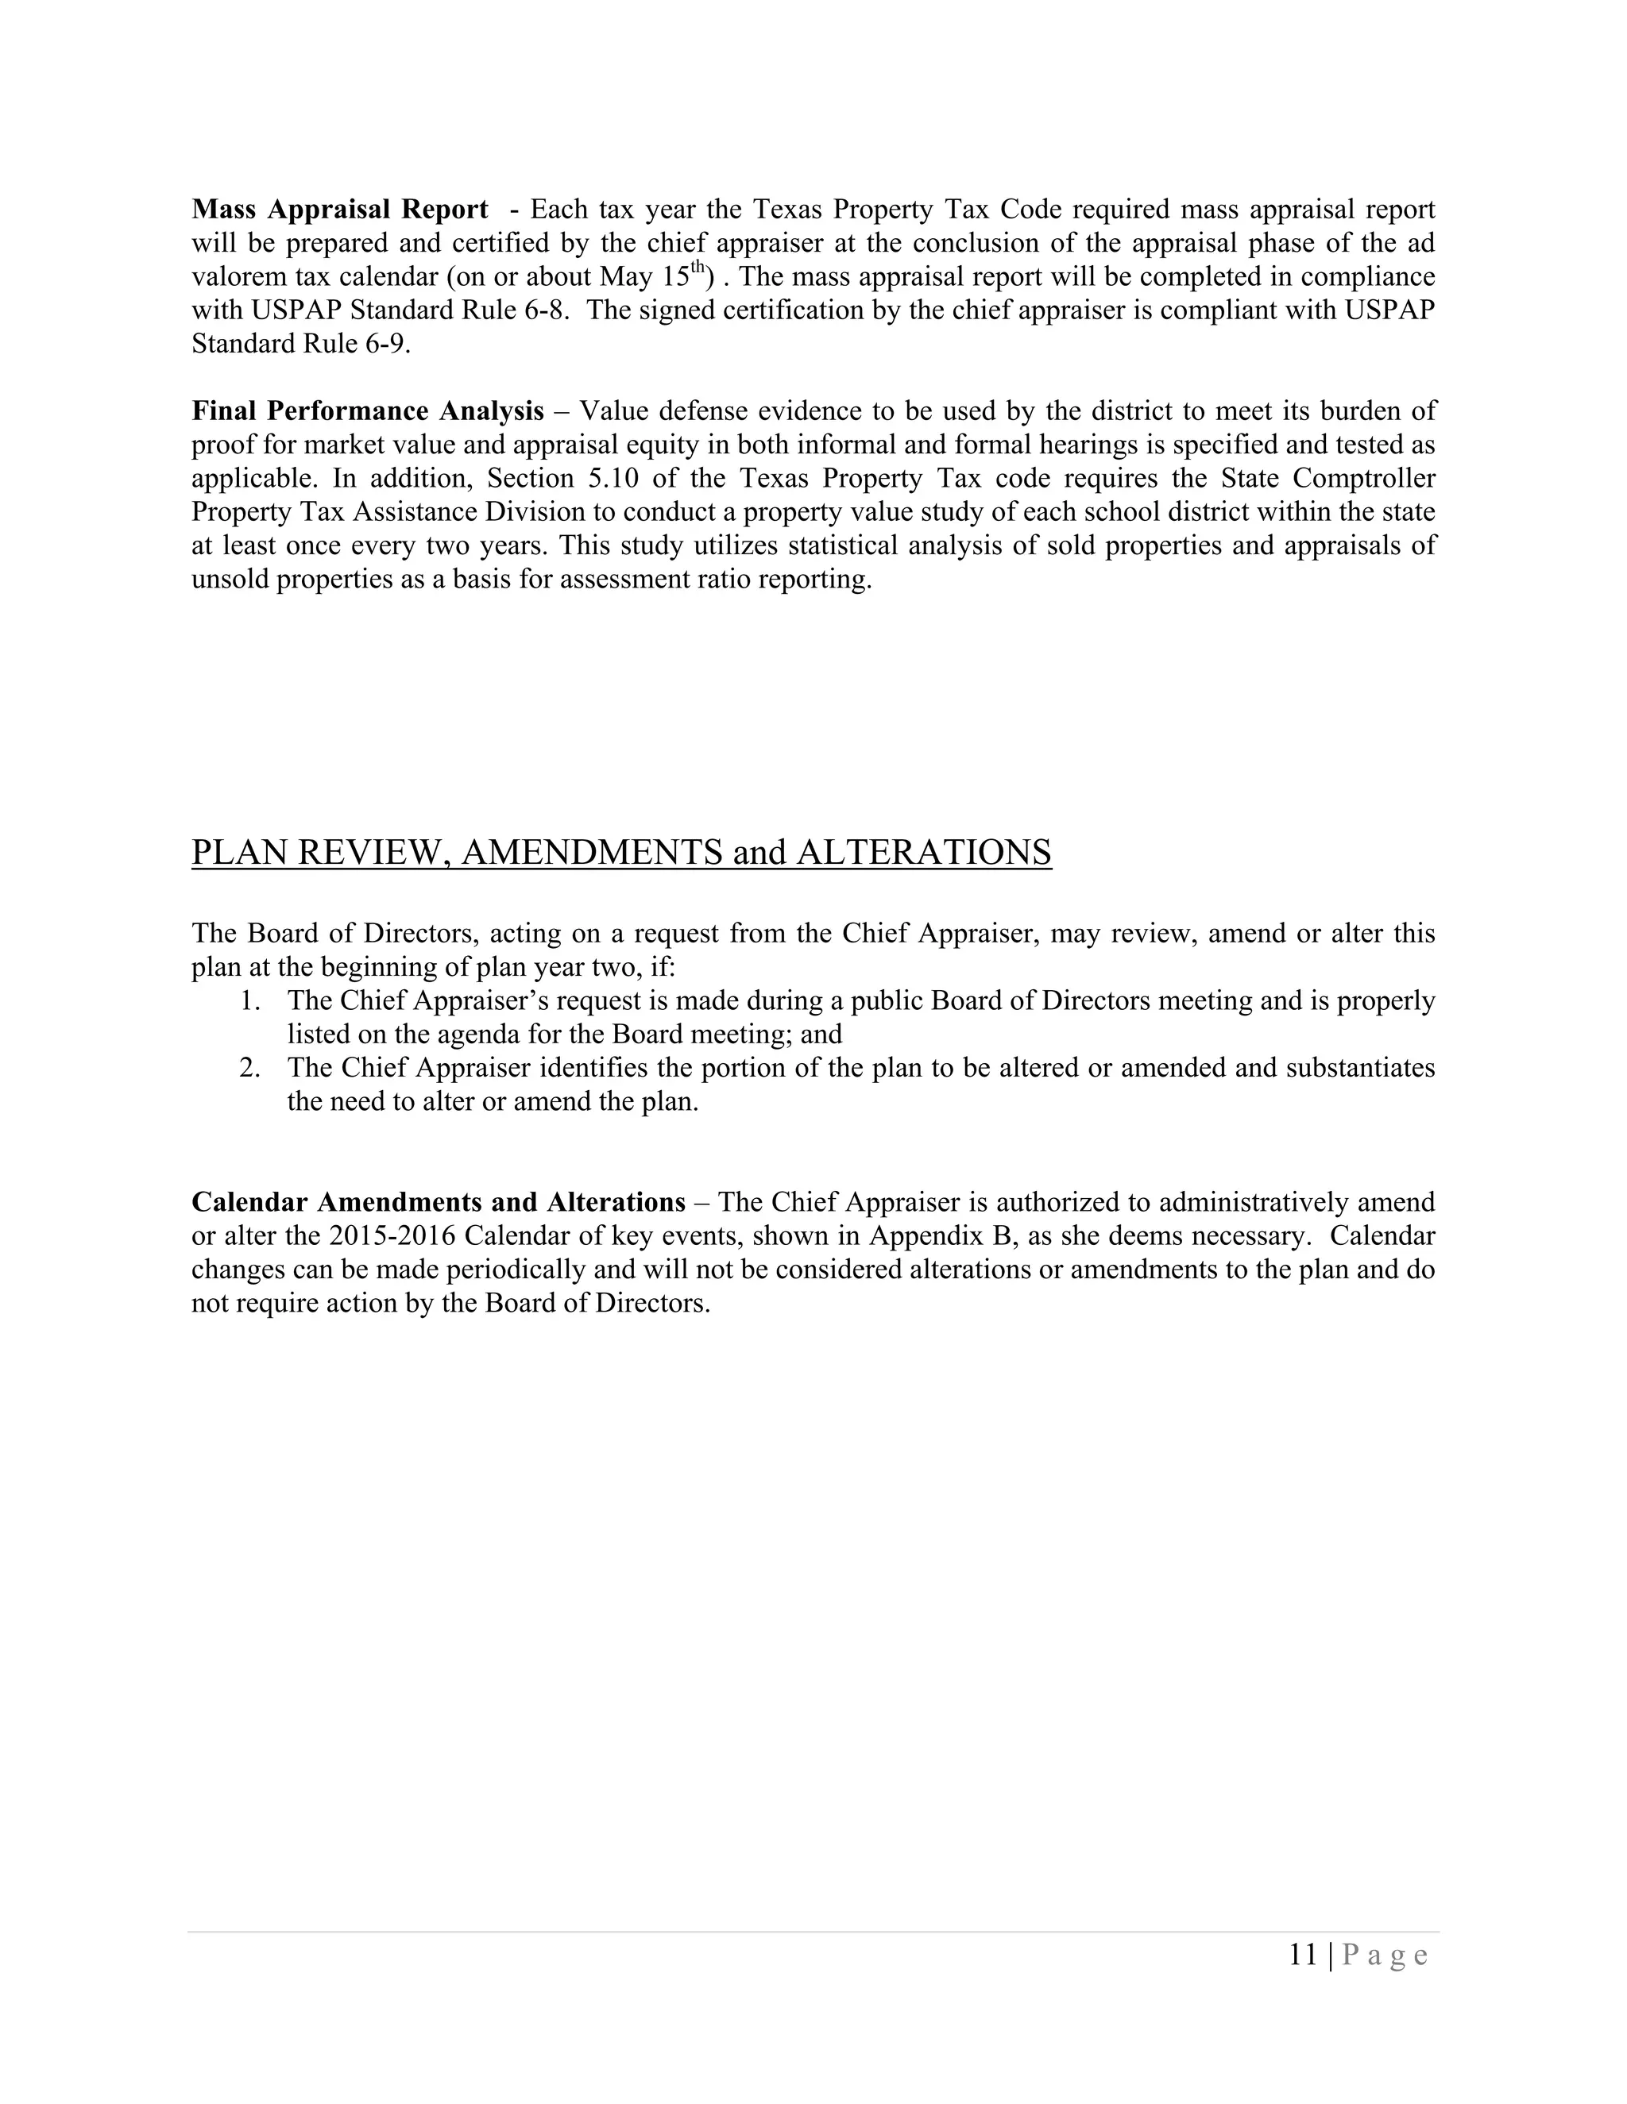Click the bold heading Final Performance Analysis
[x=367, y=411]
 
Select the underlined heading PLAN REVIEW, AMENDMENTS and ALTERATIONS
[x=620, y=853]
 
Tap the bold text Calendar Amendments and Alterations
[x=438, y=1202]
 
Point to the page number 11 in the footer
[x=1302, y=1955]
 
